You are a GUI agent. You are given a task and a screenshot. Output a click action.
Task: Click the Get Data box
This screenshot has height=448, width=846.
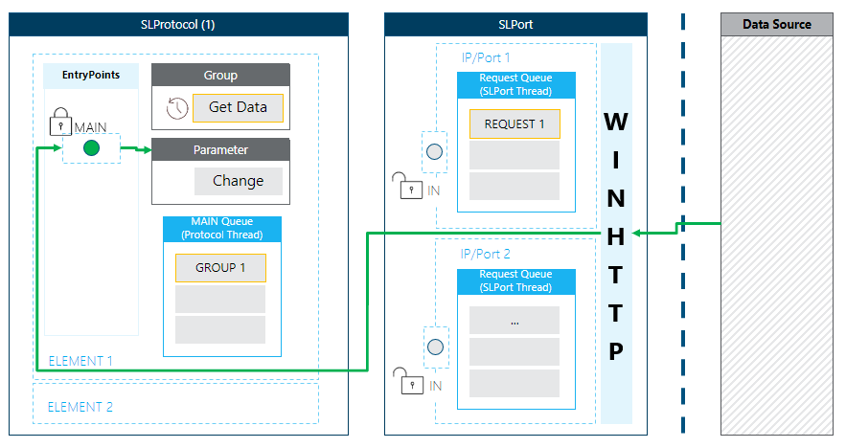pos(238,107)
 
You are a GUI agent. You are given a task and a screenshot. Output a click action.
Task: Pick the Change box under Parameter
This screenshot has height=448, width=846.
pos(238,181)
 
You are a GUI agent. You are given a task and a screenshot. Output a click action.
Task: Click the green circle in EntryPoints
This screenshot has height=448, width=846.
pos(91,148)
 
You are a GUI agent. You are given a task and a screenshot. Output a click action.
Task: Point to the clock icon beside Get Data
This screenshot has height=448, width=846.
pos(176,108)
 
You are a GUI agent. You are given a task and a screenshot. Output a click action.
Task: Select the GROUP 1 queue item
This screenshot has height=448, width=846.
pos(220,268)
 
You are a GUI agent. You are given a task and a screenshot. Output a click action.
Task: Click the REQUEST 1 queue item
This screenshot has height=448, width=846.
pos(514,124)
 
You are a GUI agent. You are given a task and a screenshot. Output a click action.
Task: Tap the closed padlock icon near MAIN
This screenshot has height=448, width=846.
pos(59,123)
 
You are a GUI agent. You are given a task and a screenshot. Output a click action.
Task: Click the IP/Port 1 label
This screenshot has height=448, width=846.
pos(486,57)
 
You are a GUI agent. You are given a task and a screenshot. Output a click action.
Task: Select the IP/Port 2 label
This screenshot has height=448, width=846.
pos(486,254)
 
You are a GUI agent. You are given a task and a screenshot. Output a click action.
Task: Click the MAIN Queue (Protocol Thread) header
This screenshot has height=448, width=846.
pos(222,229)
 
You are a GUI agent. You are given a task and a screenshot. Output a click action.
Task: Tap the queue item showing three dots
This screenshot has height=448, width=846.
pos(514,321)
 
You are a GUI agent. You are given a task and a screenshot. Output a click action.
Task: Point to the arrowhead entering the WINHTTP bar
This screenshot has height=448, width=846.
pos(639,233)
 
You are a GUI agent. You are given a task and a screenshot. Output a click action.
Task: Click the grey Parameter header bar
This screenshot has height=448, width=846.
pos(220,149)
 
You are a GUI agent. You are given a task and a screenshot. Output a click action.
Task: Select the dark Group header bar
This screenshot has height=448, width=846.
pos(220,75)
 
